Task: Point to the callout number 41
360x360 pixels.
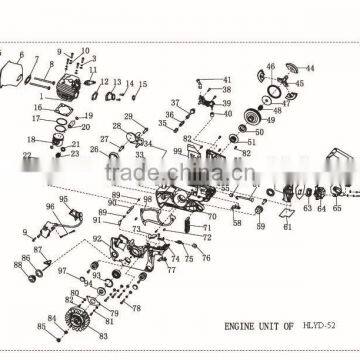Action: [x=227, y=80]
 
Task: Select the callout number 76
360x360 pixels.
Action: [x=205, y=257]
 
